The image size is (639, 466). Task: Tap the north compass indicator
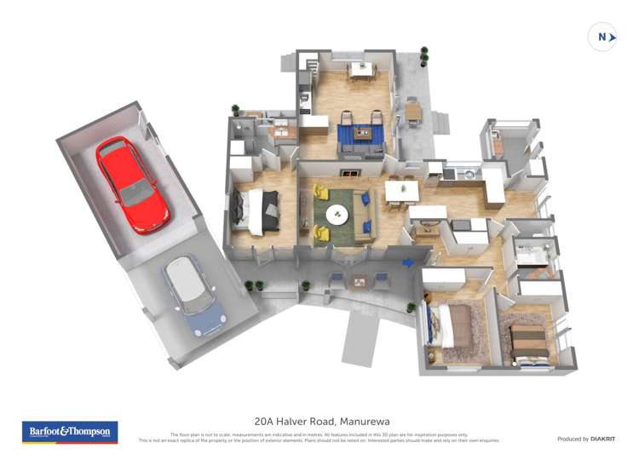click(x=602, y=37)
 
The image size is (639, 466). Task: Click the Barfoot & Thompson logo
click(x=70, y=433)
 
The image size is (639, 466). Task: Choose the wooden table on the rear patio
click(x=413, y=111)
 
